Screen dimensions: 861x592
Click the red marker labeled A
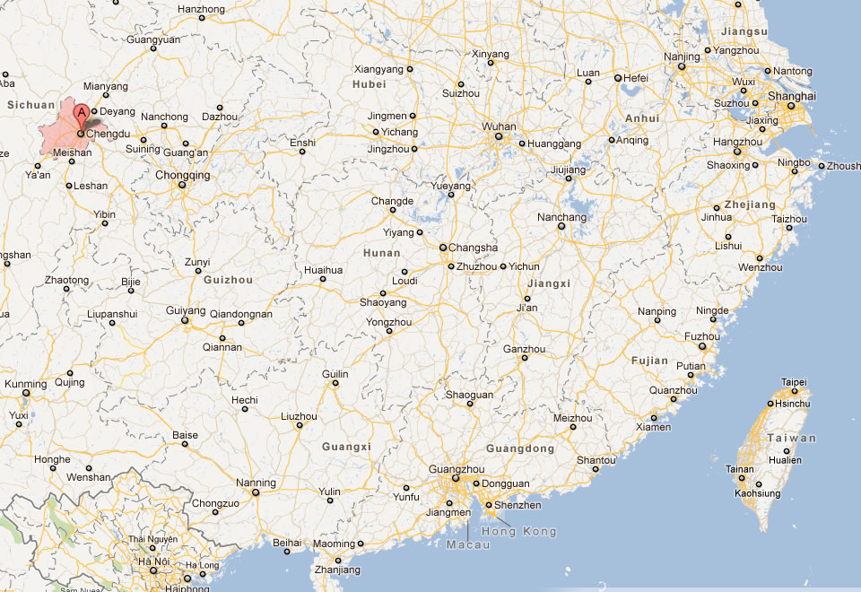pyautogui.click(x=81, y=115)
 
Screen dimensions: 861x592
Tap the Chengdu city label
pyautogui.click(x=109, y=134)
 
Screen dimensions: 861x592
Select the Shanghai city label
pyautogui.click(x=793, y=96)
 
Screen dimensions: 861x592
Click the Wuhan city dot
pyautogui.click(x=500, y=139)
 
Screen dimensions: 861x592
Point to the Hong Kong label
pyautogui.click(x=519, y=531)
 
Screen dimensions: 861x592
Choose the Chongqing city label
pyautogui.click(x=182, y=176)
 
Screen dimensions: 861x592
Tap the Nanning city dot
pyautogui.click(x=256, y=492)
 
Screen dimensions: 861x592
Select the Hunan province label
pyautogui.click(x=381, y=253)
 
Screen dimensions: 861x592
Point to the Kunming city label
pyautogui.click(x=25, y=384)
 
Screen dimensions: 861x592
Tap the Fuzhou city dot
pyautogui.click(x=702, y=347)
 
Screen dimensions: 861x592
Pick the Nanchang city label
pyautogui.click(x=561, y=217)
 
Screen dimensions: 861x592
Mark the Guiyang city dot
pyautogui.click(x=186, y=320)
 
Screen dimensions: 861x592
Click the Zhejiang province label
pyautogui.click(x=749, y=205)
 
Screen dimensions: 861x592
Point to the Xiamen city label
pyautogui.click(x=652, y=427)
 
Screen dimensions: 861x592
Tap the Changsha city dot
pyautogui.click(x=442, y=248)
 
